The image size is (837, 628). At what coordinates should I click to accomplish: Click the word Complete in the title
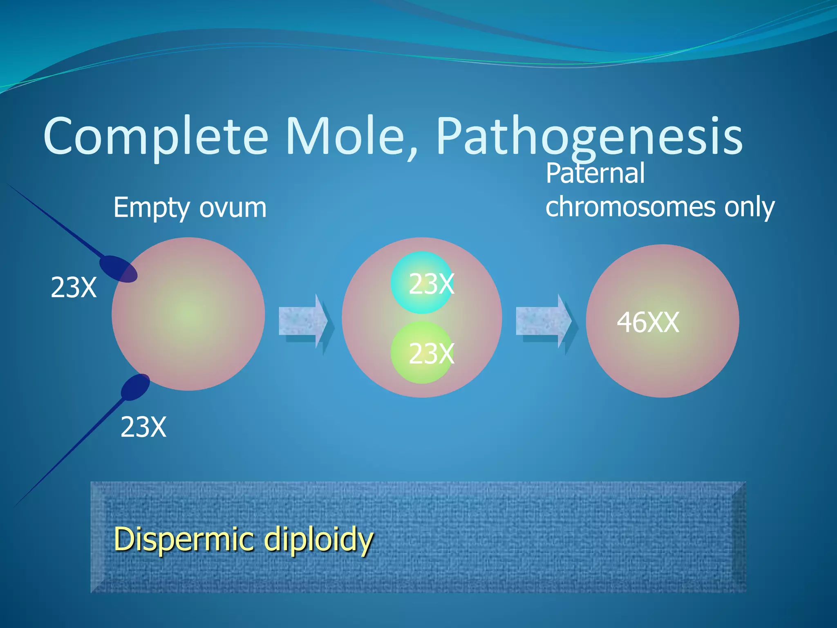pos(155,137)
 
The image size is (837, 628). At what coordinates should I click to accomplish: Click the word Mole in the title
pos(351,137)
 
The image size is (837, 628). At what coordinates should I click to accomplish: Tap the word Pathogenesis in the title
pos(589,137)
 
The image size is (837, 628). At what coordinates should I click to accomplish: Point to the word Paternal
pos(595,173)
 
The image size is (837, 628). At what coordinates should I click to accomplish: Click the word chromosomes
pos(630,206)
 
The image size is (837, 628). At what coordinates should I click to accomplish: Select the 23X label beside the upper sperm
pos(74,287)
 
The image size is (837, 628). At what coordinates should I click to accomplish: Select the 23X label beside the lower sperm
pos(143,427)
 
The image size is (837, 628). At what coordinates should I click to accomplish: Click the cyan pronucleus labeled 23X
pos(422,282)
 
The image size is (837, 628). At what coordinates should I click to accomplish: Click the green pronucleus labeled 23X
pos(422,352)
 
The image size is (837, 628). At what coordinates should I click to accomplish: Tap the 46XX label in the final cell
pos(648,322)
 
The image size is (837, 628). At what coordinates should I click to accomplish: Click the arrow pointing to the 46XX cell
pos(544,321)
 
